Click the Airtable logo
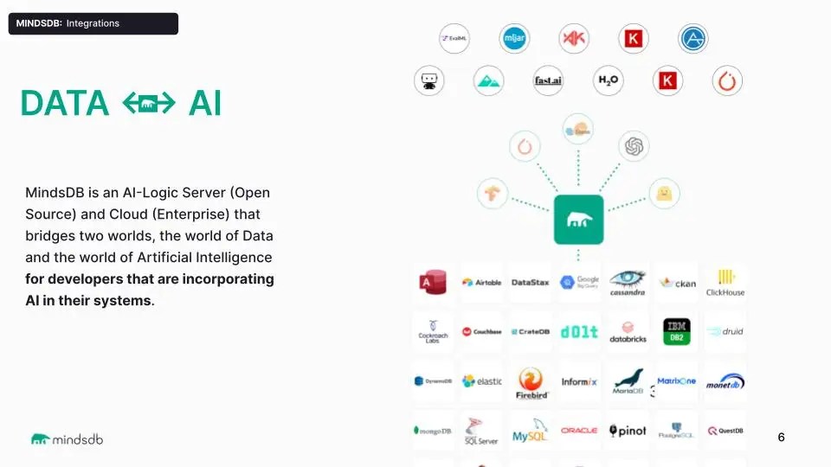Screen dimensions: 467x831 click(481, 282)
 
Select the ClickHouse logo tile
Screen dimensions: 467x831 click(725, 282)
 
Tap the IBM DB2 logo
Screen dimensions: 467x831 click(677, 331)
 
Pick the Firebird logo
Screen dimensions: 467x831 click(530, 381)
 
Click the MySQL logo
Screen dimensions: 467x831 click(530, 431)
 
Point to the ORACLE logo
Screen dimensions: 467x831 click(579, 431)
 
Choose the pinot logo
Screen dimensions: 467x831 click(628, 431)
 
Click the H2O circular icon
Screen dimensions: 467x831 click(609, 80)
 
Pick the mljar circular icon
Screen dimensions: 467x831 click(514, 38)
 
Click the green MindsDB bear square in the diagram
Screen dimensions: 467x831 click(579, 220)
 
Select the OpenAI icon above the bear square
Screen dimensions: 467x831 click(634, 147)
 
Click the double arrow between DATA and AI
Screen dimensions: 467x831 click(149, 105)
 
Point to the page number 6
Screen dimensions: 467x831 click(781, 438)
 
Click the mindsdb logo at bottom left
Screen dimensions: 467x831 click(67, 439)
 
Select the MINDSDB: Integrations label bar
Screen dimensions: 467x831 click(93, 23)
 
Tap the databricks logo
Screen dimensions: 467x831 click(628, 332)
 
